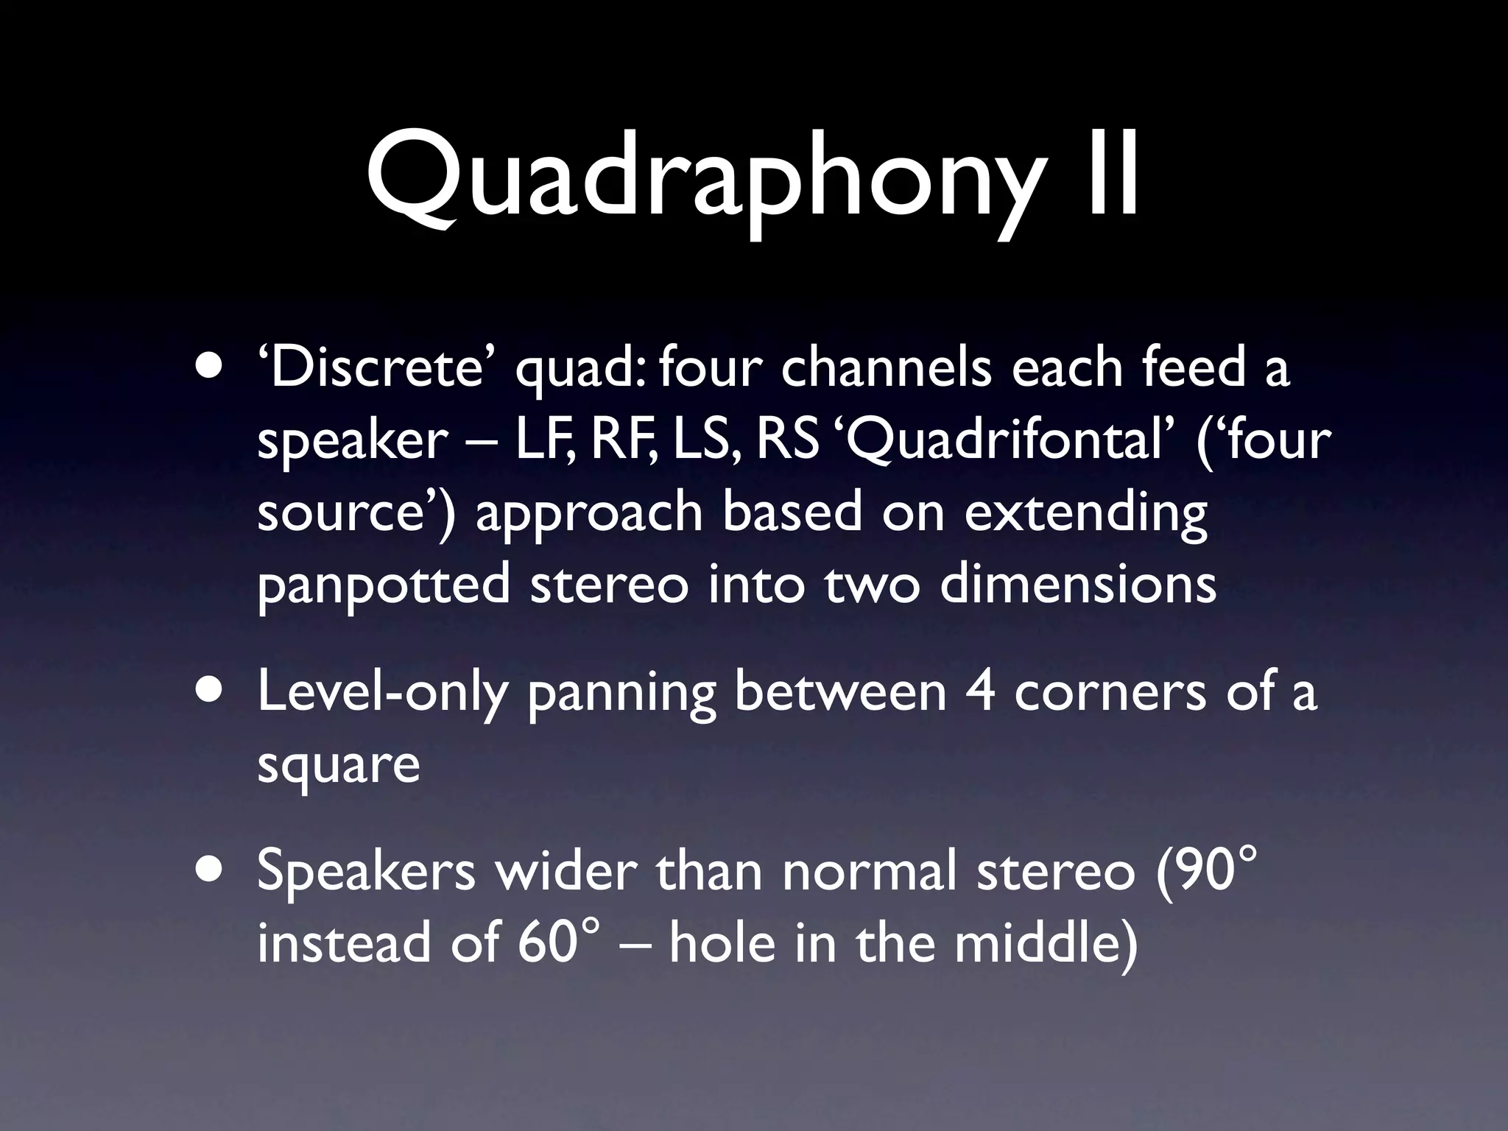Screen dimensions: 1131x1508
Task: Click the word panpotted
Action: coord(383,585)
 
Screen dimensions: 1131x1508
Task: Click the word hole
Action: coord(722,942)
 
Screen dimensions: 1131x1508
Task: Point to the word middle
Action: coord(1045,942)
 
